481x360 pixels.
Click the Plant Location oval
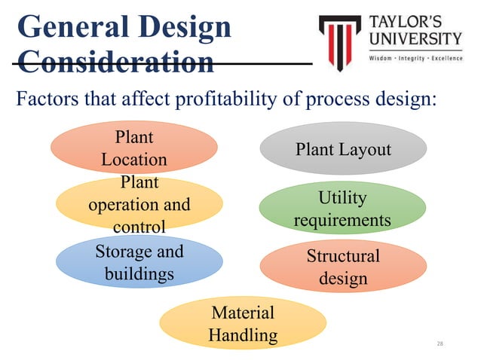133,148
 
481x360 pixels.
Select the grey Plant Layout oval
343,149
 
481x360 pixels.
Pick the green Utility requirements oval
342,209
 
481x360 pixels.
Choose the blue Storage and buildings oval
139,261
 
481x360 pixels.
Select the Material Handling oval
242,323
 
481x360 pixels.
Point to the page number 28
441,343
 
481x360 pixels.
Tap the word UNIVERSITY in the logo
415,38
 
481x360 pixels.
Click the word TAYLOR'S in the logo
412,21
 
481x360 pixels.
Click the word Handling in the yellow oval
242,334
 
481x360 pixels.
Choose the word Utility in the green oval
342,198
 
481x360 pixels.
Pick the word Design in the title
185,27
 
